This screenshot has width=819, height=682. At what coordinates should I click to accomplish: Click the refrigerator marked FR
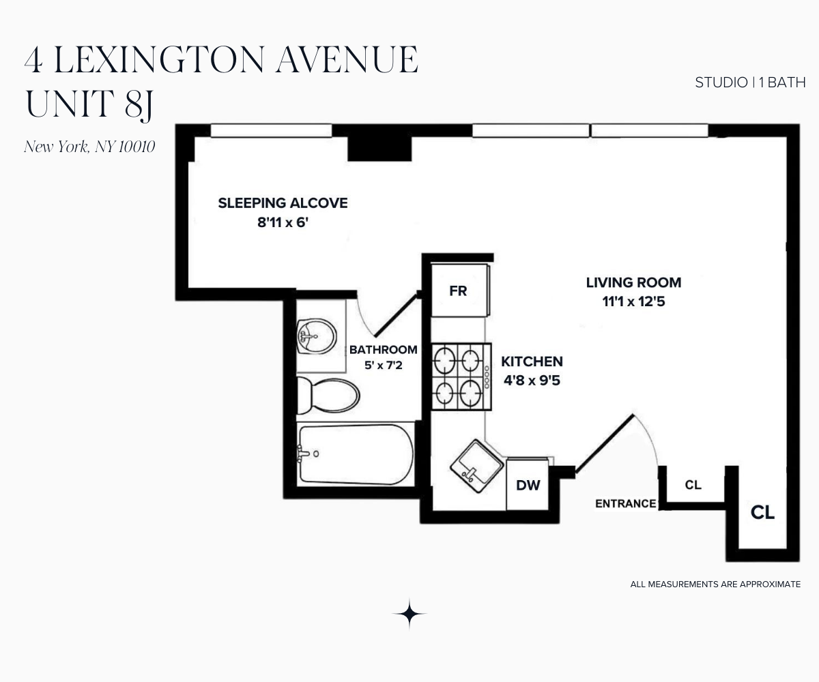pos(459,291)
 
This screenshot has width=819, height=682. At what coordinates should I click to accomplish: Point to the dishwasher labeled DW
pos(528,485)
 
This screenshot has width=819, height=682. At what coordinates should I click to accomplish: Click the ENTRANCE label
pos(625,504)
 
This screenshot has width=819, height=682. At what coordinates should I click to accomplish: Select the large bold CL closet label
pos(762,513)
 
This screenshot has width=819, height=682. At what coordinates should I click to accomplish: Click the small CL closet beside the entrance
pos(693,485)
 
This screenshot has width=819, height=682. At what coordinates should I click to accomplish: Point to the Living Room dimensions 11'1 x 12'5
pos(633,301)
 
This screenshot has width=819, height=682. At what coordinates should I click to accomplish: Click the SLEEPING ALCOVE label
pos(283,203)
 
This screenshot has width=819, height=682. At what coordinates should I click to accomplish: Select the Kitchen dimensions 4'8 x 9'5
pos(532,381)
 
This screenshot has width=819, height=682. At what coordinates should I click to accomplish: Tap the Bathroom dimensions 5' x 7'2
pos(383,366)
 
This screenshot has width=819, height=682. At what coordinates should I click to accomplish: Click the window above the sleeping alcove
pos(270,130)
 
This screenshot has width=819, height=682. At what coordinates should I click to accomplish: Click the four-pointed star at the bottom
pos(409,614)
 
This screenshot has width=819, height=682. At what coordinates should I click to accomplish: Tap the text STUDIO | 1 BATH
pos(750,83)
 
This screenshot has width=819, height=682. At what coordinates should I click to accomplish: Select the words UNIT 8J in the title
pos(89,104)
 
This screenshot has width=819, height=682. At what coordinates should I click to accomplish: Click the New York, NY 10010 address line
pos(89,147)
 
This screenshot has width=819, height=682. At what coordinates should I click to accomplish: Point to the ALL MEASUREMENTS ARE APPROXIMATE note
pos(715,584)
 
